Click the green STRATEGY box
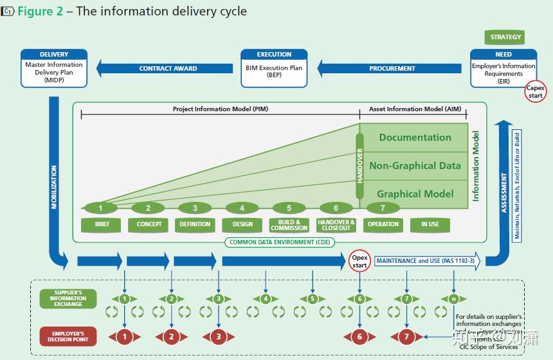[505, 37]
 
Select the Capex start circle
[535, 92]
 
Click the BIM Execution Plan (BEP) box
[274, 67]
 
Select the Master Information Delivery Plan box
[54, 67]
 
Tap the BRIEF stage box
[101, 224]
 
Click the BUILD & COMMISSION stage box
[289, 225]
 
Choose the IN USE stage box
[430, 224]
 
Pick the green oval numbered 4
[242, 208]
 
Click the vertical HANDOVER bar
[359, 166]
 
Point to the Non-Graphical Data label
[415, 166]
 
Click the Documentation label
[415, 138]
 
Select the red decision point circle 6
[359, 336]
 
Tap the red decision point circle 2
[172, 336]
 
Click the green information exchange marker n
[453, 299]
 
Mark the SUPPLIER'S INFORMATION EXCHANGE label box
[68, 298]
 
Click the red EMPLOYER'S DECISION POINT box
[68, 336]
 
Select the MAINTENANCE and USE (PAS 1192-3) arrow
[426, 261]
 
